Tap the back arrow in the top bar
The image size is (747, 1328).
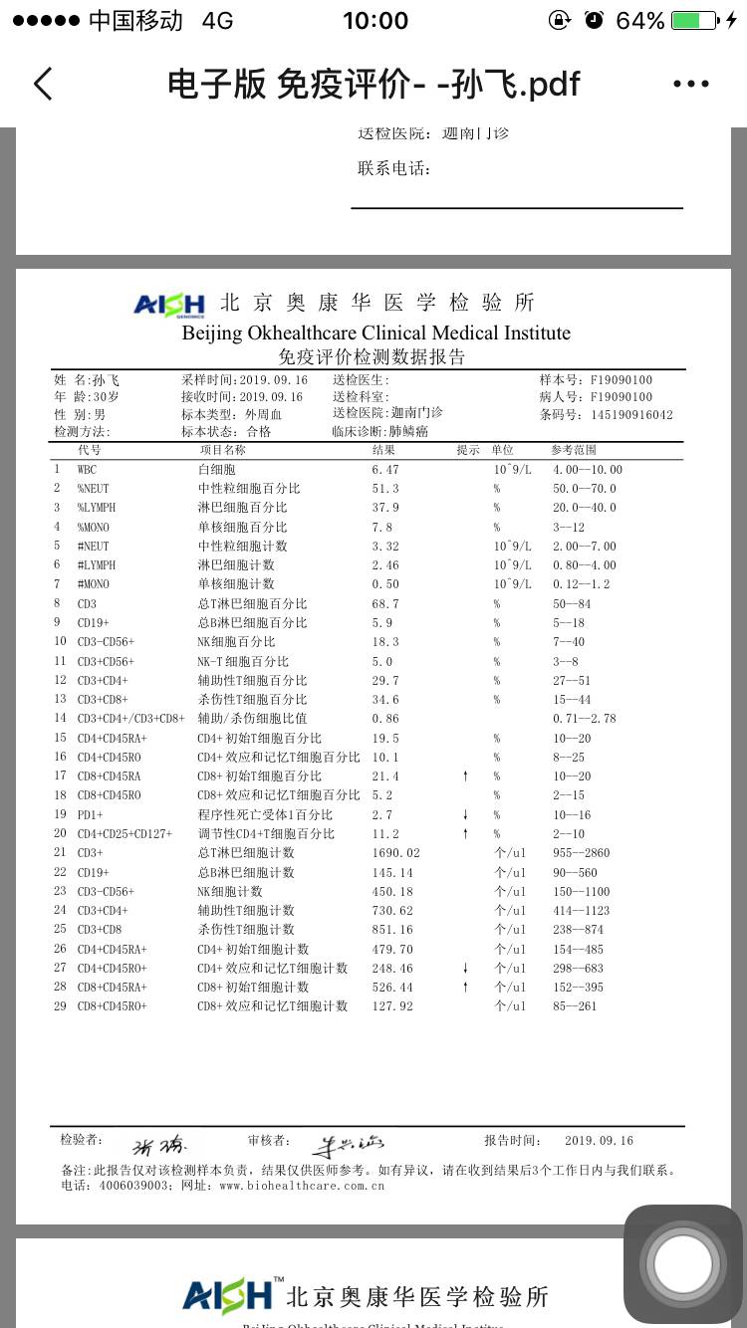coord(43,85)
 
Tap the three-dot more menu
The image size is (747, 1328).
coord(690,85)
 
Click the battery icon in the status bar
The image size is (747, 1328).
coord(694,21)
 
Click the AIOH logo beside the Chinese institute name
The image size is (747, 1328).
coord(169,304)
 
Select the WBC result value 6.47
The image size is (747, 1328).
coord(384,470)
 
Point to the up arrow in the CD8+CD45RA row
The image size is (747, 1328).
coord(465,776)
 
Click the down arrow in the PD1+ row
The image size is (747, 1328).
coord(465,815)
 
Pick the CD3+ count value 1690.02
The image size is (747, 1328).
coord(395,853)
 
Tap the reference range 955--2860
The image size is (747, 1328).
coord(580,853)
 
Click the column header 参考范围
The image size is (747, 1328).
coord(576,450)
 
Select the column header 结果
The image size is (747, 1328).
coord(383,450)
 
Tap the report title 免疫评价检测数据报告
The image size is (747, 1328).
coord(372,357)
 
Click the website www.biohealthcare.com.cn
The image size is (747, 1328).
coord(301,1186)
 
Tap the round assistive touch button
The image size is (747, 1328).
coord(683,1264)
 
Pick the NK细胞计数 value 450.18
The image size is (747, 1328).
coord(391,892)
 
